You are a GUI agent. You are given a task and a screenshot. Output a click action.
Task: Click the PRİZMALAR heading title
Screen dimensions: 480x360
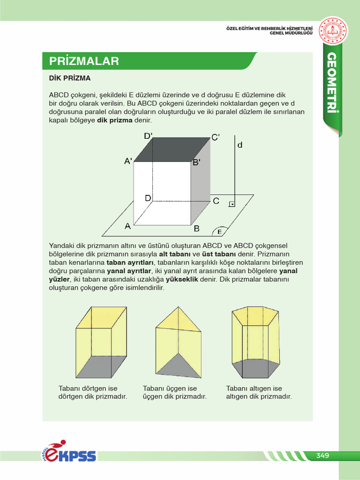84,61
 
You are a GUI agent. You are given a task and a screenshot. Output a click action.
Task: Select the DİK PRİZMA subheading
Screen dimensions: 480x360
70,78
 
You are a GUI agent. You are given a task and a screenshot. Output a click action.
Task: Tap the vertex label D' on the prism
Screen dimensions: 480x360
148,136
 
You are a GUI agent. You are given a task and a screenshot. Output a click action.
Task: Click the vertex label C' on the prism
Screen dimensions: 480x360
215,137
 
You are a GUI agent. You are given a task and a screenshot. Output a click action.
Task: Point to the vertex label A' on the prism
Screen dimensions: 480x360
128,161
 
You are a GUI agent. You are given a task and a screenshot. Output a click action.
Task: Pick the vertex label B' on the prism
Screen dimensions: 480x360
196,163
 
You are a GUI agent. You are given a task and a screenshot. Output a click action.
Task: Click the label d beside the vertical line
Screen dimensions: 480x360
240,145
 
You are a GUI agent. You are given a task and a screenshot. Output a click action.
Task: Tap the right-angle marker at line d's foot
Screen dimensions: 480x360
232,204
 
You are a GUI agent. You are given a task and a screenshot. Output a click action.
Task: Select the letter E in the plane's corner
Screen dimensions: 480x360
219,232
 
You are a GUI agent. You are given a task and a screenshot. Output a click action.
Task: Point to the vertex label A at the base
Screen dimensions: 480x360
127,226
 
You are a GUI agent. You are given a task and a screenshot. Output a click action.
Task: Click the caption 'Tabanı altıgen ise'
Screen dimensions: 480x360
254,389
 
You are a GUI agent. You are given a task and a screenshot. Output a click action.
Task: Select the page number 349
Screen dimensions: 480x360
322,456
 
